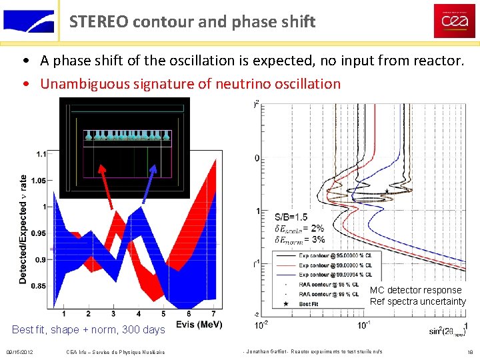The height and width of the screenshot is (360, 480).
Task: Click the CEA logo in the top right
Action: coord(454,21)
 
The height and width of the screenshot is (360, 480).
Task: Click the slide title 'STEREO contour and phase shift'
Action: coord(192,21)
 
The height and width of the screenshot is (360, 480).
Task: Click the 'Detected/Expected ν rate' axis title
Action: coord(23,229)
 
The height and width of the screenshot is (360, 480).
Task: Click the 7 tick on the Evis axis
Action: coord(213,313)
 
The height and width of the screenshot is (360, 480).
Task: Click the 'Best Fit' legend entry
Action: coord(311,303)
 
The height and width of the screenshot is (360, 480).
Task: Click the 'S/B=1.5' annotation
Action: coord(291,217)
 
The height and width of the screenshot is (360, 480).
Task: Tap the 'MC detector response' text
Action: coord(415,290)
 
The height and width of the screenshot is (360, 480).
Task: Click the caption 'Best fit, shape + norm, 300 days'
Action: coord(88,329)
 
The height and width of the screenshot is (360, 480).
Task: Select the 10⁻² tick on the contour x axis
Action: coord(262,325)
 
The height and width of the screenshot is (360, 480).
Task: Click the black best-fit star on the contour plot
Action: coord(385,191)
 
